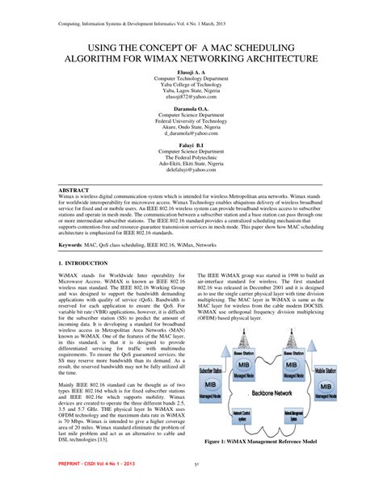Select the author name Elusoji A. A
[x=191, y=72]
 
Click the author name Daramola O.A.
[x=191, y=109]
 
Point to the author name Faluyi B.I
[x=191, y=145]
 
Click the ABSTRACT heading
[x=74, y=191]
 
